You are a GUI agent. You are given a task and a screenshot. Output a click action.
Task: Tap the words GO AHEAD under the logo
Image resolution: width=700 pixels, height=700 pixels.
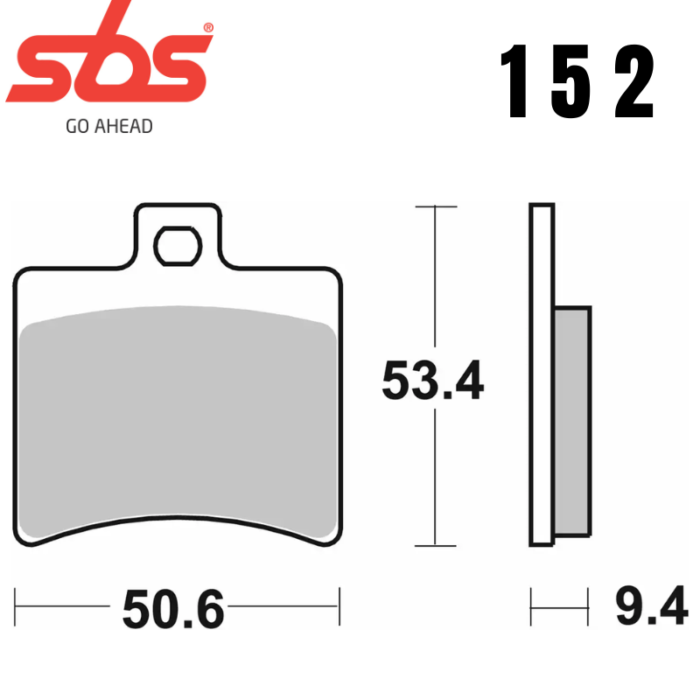pos(109,127)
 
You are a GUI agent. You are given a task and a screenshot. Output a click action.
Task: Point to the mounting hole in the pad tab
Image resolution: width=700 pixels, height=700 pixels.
pos(178,245)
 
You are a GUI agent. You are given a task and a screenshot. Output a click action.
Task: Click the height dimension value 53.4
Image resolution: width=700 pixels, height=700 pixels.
pos(432,381)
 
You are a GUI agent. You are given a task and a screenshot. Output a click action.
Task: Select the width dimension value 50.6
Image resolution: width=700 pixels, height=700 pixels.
pos(173,609)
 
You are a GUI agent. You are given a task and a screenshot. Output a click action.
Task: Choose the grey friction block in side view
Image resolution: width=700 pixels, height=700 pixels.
pos(573,420)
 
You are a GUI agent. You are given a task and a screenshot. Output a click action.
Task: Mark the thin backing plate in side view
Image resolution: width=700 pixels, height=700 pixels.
pos(542,376)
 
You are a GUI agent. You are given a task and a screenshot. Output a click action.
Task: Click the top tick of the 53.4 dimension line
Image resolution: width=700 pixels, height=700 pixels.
pos(435,206)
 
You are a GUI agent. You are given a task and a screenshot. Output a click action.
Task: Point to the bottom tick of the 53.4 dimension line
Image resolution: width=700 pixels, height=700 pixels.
pos(435,545)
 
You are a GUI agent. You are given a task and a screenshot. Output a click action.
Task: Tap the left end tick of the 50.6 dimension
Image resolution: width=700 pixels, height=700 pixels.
pos(17,605)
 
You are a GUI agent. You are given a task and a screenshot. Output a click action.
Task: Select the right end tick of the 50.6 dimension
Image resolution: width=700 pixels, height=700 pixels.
pos(339,605)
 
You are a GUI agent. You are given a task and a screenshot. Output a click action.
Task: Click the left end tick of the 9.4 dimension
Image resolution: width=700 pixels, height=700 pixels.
pos(532,605)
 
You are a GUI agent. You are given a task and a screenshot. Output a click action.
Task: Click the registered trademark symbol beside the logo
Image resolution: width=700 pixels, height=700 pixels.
pos(207,29)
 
